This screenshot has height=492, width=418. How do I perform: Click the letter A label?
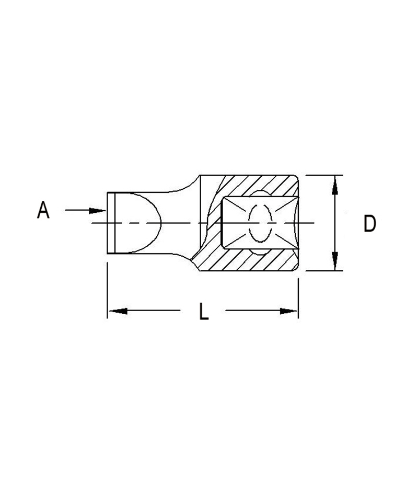(43, 210)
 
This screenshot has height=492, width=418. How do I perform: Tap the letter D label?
(369, 223)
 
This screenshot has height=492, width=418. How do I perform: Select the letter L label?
(204, 311)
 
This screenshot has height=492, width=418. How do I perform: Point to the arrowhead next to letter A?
(98, 211)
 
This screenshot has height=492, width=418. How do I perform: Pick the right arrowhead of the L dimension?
(288, 311)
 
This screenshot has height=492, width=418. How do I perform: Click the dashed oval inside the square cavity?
(260, 223)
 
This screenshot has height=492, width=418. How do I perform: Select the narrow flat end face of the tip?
(111, 223)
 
